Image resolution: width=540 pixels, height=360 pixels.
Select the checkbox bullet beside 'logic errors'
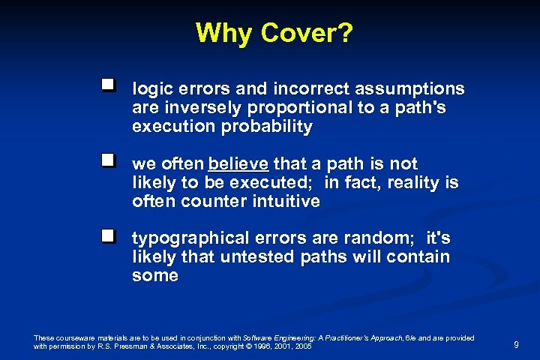(109, 86)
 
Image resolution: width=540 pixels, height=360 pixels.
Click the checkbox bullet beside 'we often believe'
(109, 160)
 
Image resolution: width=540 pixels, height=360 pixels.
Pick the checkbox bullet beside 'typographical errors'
(109, 235)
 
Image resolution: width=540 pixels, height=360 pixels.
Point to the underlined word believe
(239, 164)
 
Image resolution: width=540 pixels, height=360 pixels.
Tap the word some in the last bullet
(155, 276)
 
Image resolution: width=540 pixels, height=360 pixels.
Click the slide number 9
(516, 345)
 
